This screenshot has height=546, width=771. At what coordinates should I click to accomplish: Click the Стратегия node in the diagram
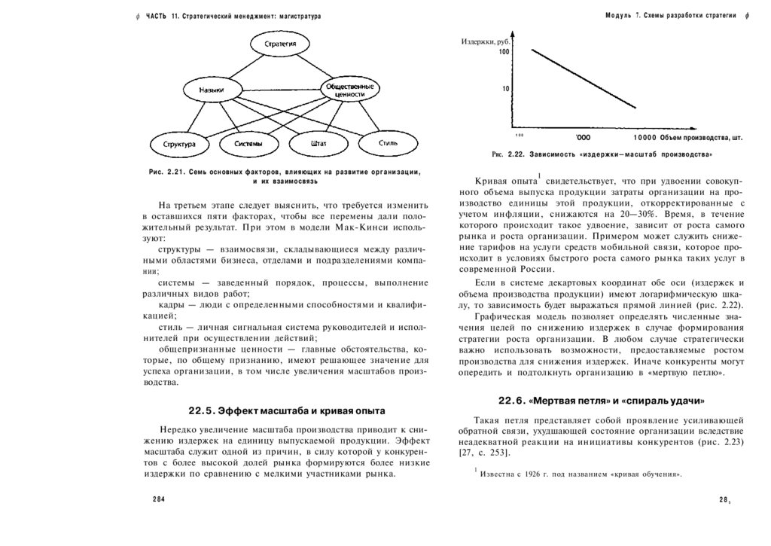(x=279, y=44)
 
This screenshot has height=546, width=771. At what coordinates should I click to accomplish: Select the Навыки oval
(x=211, y=90)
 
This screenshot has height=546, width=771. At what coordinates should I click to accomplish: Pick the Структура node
(x=178, y=143)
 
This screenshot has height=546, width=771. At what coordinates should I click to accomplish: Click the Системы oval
(x=248, y=143)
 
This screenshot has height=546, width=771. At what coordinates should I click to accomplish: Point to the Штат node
(x=317, y=143)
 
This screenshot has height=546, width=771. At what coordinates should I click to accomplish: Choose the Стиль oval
(x=388, y=142)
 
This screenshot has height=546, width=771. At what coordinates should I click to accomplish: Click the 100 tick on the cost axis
(x=504, y=52)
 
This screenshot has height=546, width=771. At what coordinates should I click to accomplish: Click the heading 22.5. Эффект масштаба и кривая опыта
(x=286, y=410)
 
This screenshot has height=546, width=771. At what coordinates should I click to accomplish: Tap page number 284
(x=158, y=499)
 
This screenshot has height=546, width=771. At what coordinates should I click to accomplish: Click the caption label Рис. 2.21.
(x=167, y=172)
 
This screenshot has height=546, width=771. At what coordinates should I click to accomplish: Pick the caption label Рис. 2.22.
(x=502, y=154)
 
